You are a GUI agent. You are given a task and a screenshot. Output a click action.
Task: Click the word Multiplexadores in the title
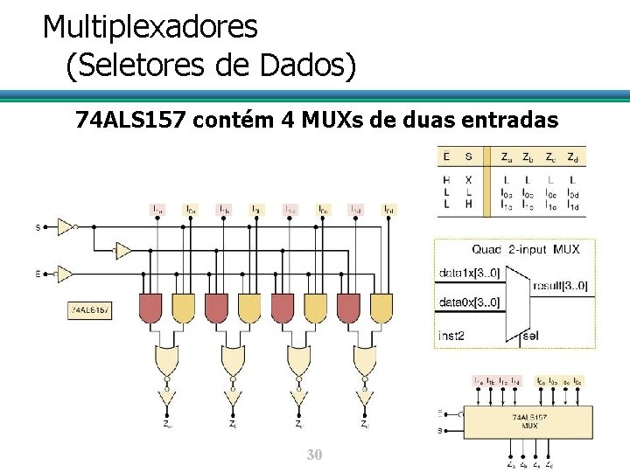coord(150,26)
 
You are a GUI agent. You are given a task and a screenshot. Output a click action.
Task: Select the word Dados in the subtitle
coord(302,66)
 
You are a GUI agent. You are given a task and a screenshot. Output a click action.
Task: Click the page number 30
coord(314,455)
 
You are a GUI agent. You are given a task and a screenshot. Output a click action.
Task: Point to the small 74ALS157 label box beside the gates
coord(89,309)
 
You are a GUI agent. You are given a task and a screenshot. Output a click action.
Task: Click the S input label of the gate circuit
coord(37,227)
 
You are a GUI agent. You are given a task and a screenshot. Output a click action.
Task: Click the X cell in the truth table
coord(468,179)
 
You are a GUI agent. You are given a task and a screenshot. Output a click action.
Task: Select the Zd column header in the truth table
coord(571,158)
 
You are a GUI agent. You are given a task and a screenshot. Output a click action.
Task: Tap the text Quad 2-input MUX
coord(525,249)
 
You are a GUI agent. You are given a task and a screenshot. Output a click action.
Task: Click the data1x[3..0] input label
coord(469,274)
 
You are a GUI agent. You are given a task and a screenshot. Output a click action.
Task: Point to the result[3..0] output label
coord(559,286)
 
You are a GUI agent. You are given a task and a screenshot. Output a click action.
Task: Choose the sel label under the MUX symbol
coord(529,336)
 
